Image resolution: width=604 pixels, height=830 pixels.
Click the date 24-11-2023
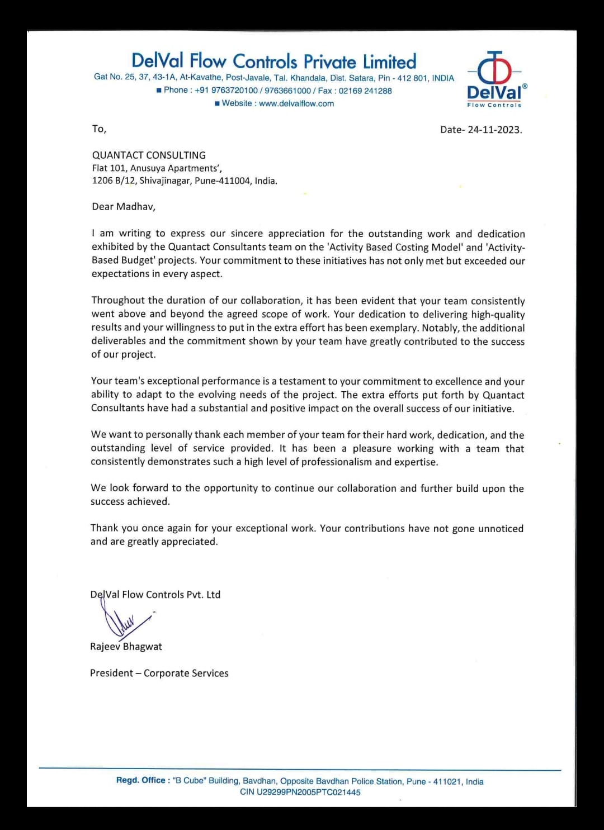pyautogui.click(x=494, y=130)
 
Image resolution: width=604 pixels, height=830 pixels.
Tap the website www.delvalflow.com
pyautogui.click(x=296, y=103)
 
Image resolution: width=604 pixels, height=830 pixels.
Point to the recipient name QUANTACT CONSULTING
pyautogui.click(x=149, y=155)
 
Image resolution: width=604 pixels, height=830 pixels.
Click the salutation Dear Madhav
pyautogui.click(x=124, y=207)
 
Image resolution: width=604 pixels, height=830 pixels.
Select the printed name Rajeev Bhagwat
pyautogui.click(x=126, y=647)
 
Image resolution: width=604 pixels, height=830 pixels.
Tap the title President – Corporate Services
pyautogui.click(x=159, y=674)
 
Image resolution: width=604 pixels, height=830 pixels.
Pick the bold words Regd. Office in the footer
pyautogui.click(x=141, y=781)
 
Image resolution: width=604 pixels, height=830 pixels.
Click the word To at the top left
pyautogui.click(x=98, y=129)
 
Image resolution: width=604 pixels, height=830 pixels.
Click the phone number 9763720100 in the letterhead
pyautogui.click(x=234, y=91)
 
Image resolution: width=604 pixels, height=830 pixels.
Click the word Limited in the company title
pyautogui.click(x=389, y=61)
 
